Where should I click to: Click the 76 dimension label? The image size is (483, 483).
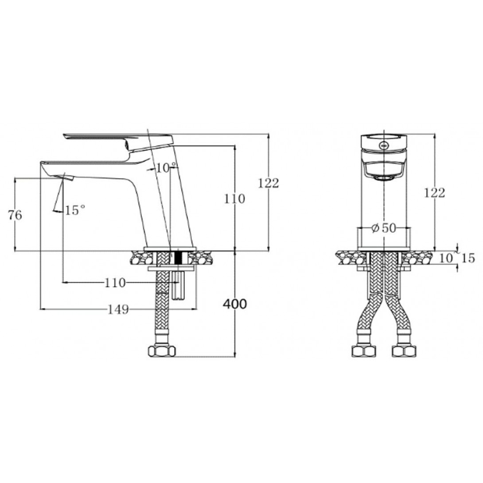tap(15, 215)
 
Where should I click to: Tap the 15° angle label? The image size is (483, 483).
tap(75, 210)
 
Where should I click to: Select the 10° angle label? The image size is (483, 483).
tap(166, 168)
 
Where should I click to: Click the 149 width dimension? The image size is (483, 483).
tap(118, 309)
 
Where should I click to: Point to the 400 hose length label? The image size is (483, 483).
tap(235, 304)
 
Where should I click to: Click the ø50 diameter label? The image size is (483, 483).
tap(383, 228)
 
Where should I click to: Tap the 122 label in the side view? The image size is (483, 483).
tap(269, 183)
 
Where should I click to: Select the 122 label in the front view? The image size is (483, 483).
tap(435, 193)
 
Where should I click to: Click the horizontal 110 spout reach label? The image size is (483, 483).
tap(115, 282)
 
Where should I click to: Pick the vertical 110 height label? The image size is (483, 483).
tap(234, 199)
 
